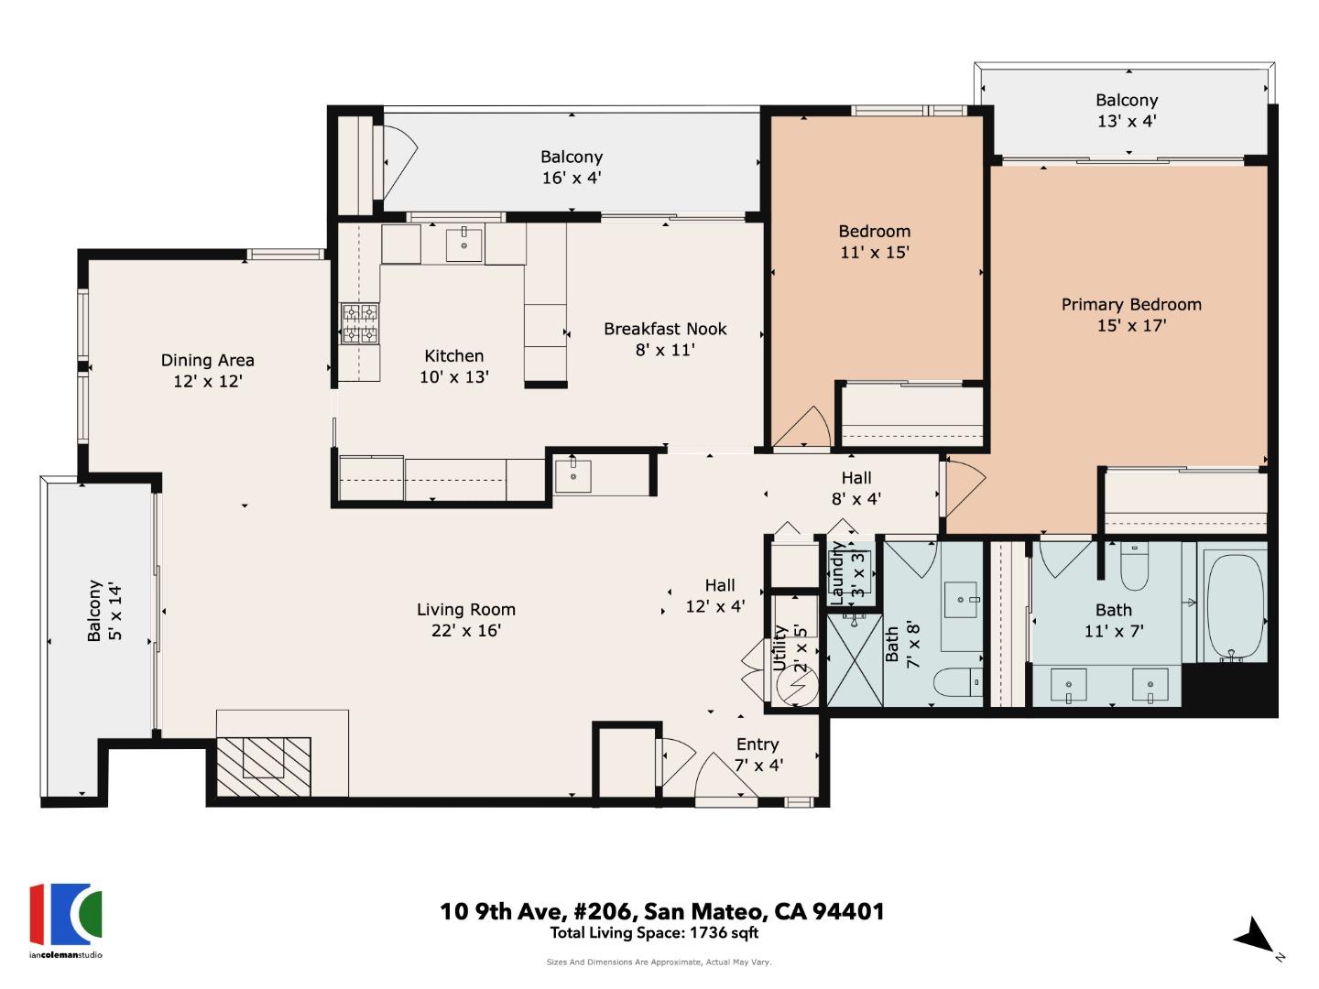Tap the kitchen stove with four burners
(360, 324)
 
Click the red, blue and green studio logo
(65, 915)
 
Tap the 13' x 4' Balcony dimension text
(1127, 121)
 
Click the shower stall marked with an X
(855, 660)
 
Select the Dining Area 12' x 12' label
(208, 370)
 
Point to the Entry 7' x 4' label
(758, 754)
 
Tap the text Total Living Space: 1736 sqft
(654, 933)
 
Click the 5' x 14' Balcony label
(104, 611)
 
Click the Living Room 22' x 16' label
(466, 619)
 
